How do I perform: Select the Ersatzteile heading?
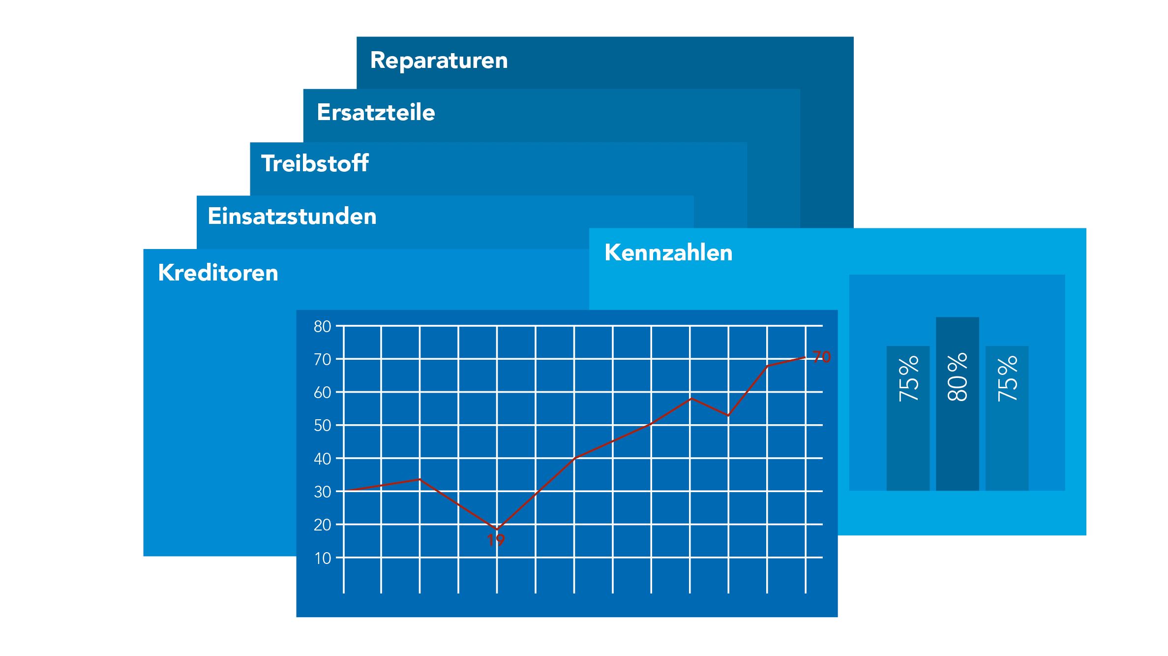click(376, 113)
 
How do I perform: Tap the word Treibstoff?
click(315, 163)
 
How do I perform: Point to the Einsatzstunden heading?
click(292, 217)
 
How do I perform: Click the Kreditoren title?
click(218, 273)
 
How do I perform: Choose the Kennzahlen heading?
click(668, 252)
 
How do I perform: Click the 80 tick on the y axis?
click(323, 326)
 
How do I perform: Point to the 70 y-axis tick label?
click(323, 359)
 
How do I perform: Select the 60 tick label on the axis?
click(323, 392)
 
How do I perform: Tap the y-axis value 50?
click(323, 425)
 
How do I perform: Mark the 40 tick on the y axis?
click(323, 459)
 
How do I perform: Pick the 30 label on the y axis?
click(323, 492)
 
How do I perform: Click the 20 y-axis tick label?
click(323, 525)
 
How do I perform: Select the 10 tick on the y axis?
click(323, 558)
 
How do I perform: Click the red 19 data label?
click(496, 540)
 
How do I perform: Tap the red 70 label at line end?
click(822, 357)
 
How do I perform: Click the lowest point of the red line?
click(497, 530)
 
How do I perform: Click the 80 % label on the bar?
click(957, 377)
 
